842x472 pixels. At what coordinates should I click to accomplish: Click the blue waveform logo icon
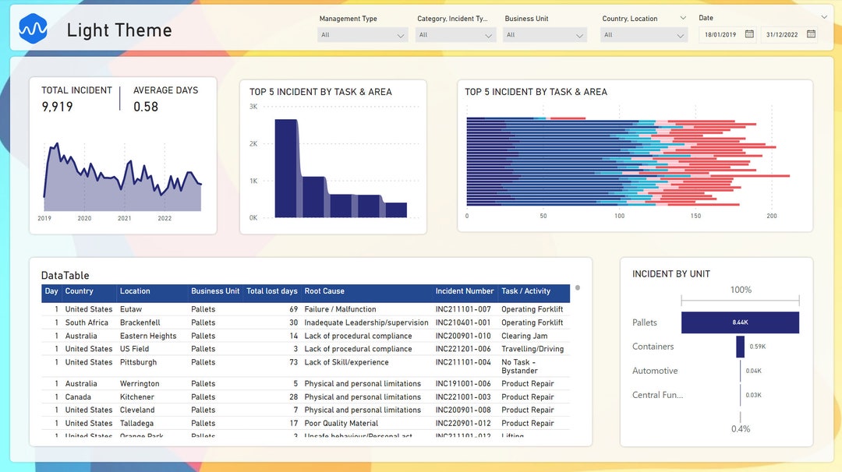(34, 30)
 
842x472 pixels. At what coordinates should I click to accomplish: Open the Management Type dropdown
(363, 35)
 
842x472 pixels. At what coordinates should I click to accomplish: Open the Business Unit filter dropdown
(544, 35)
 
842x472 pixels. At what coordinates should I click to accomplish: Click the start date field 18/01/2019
(720, 34)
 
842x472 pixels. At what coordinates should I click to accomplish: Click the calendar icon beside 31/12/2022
(811, 34)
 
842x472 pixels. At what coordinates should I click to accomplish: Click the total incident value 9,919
(57, 107)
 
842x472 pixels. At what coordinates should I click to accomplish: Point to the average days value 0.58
(146, 107)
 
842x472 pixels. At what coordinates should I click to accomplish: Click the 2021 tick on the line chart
(125, 218)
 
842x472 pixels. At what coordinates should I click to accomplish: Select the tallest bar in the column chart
(286, 167)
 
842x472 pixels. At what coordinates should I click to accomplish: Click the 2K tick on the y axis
(253, 143)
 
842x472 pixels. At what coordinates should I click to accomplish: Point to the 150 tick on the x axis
(695, 216)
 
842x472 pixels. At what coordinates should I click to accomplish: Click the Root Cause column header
(324, 291)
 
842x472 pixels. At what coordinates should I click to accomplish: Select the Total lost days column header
(271, 291)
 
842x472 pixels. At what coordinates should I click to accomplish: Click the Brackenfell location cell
(140, 322)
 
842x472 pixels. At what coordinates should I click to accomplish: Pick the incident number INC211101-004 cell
(463, 362)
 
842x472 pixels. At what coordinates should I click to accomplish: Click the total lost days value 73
(293, 362)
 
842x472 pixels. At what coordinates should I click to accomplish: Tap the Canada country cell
(78, 396)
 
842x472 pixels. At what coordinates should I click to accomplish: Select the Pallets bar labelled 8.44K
(740, 322)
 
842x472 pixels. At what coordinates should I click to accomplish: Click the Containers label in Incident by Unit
(653, 347)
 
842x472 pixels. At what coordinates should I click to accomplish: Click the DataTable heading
(65, 275)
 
